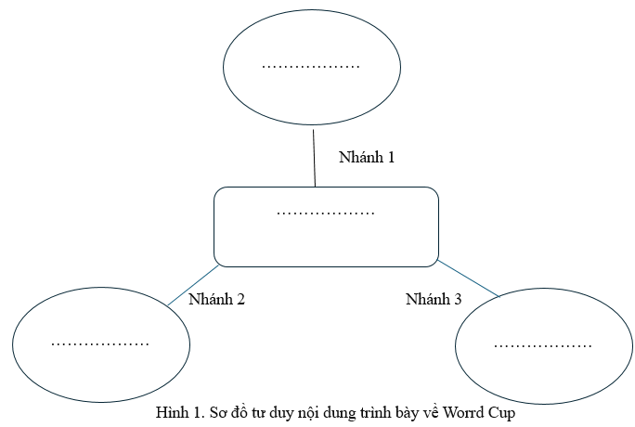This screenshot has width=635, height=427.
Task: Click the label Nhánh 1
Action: (367, 157)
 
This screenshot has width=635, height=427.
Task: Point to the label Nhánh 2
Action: (216, 299)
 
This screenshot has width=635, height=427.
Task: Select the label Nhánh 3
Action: (434, 299)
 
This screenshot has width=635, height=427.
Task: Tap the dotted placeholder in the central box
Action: (326, 213)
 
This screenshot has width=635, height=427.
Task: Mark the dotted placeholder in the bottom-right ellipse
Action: (543, 347)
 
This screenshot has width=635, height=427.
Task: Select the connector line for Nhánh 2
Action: (194, 285)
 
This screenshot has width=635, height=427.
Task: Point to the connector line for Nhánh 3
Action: (468, 278)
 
